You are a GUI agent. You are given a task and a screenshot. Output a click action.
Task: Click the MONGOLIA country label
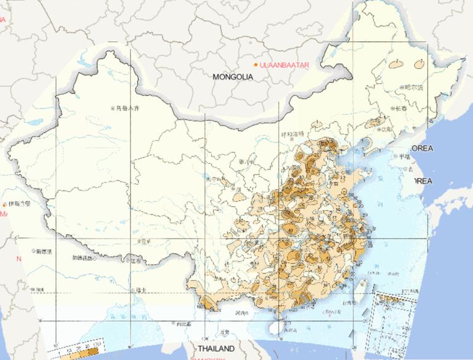[x=233, y=77]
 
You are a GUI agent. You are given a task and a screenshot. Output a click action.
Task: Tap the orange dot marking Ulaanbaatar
[x=256, y=64]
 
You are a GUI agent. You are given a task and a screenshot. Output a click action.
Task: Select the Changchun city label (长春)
[x=401, y=108]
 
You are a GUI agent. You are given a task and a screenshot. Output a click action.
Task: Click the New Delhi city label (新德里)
[x=44, y=252]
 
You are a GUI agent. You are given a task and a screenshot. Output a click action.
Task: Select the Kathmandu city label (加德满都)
[x=86, y=258]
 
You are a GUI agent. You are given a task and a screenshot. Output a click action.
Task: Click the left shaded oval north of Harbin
[x=394, y=62]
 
